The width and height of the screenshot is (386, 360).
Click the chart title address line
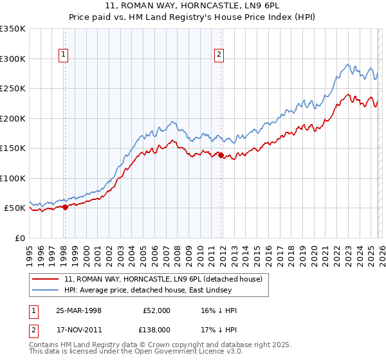(193, 5)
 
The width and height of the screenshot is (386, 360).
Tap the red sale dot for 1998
(65, 207)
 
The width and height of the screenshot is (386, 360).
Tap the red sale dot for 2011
(221, 155)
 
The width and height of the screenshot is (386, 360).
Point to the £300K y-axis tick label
(13, 59)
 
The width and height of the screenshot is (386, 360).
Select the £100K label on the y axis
(13, 178)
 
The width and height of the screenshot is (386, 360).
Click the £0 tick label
(19, 238)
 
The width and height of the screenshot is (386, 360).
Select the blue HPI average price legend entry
(154, 291)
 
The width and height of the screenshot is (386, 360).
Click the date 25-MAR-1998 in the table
(78, 310)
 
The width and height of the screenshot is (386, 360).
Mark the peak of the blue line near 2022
(348, 64)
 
